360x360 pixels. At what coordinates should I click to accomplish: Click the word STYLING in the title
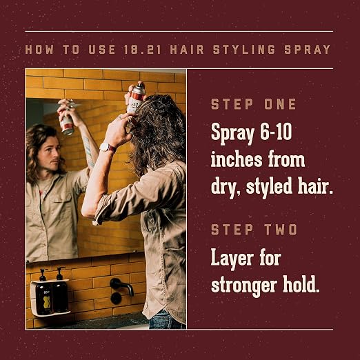tap(244, 50)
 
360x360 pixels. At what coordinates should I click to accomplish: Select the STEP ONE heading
tap(254, 104)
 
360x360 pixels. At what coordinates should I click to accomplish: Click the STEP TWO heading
tap(254, 230)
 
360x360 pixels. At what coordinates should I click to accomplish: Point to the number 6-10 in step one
tap(276, 132)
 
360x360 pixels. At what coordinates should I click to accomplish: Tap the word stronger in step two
tap(244, 286)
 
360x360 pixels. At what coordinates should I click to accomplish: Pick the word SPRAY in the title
tap(308, 50)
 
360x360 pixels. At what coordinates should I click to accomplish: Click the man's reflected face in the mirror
tap(52, 154)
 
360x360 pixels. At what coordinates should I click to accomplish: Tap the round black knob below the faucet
tap(116, 298)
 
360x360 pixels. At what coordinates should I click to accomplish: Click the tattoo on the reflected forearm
tap(89, 151)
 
